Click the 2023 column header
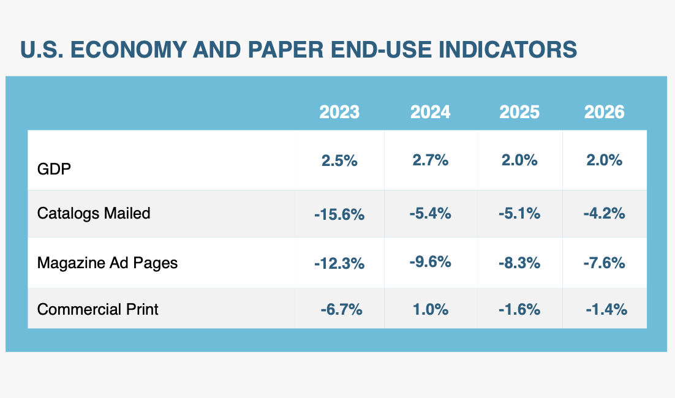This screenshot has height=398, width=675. tap(339, 112)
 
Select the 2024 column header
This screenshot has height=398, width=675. tap(430, 112)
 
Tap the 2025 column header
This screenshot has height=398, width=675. tap(519, 112)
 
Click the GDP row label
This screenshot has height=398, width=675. tap(54, 168)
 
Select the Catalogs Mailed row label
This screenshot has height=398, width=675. tap(94, 213)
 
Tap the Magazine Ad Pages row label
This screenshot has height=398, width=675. tap(107, 263)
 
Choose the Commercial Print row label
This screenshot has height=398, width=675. tap(97, 309)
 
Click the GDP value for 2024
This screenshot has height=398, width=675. tap(430, 160)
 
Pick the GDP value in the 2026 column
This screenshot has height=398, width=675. tap(604, 160)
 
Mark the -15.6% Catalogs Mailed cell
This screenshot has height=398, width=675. tap(339, 214)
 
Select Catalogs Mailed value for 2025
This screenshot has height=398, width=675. tap(519, 214)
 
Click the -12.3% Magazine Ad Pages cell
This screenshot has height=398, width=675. tap(339, 263)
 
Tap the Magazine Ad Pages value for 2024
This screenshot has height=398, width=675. tap(430, 262)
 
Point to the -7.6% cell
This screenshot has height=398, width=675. tap(604, 263)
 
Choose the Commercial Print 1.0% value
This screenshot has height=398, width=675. tap(430, 310)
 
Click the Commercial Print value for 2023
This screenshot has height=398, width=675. tap(341, 310)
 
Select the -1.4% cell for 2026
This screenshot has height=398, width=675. tap(606, 310)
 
